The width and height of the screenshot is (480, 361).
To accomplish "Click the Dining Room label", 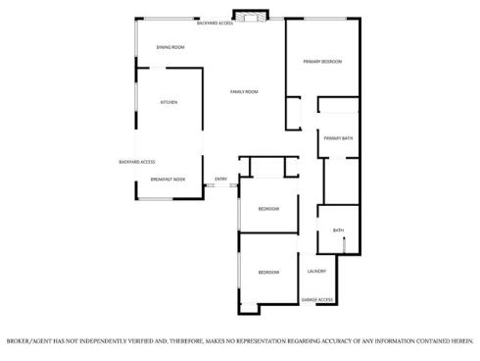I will point(170,47).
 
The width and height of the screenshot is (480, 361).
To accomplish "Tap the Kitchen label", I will point(168,102).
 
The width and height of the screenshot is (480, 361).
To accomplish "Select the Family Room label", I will point(244,92).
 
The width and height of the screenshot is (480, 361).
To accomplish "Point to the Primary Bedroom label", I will point(322,62).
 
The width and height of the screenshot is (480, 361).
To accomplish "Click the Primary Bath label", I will point(338,138).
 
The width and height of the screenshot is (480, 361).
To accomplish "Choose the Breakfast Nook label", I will point(168,180).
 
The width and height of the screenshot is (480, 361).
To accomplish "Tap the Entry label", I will point(221,179).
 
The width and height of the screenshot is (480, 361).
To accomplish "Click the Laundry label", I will point(316,271).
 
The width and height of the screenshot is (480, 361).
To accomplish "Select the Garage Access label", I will point(317,299).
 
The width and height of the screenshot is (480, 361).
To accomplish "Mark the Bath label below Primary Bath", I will point(338,231).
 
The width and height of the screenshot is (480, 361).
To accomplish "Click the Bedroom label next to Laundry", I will point(268,272).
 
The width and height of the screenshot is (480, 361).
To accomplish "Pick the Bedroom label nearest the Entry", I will point(268,209).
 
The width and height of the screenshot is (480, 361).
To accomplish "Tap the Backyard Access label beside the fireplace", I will point(215,22).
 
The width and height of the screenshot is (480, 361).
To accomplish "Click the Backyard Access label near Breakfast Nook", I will point(137,162).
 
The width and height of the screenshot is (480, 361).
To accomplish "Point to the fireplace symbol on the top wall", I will point(254,17).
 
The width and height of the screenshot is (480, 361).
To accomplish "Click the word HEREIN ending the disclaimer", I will point(459,340).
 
